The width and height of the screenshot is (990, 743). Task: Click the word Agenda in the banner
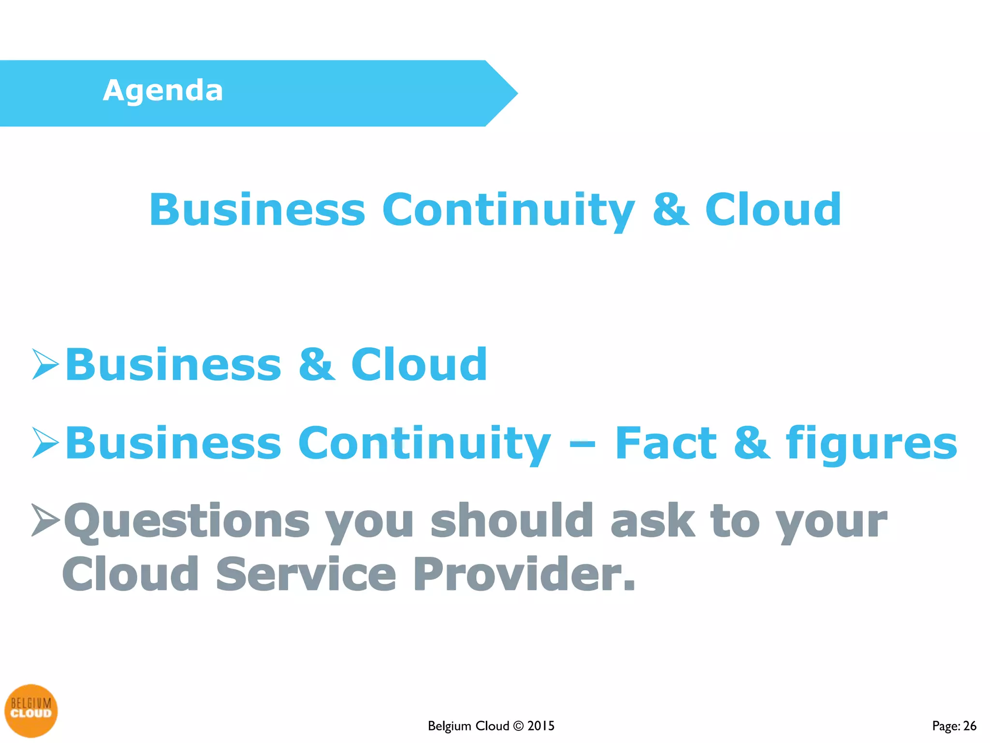click(163, 91)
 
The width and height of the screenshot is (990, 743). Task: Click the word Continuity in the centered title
click(508, 210)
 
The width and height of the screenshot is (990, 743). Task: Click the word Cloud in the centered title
click(772, 210)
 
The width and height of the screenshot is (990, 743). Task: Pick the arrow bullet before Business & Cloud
click(45, 364)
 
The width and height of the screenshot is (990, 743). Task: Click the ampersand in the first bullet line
click(317, 365)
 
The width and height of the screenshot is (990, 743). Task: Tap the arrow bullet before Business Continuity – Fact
click(45, 442)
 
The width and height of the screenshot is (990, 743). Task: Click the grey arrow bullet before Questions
click(45, 520)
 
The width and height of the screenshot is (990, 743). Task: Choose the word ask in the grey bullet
click(653, 520)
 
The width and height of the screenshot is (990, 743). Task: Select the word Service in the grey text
click(306, 574)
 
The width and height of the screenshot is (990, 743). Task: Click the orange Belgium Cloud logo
click(31, 710)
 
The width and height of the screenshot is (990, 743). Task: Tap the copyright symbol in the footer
click(518, 726)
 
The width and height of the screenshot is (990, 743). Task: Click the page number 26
click(969, 726)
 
